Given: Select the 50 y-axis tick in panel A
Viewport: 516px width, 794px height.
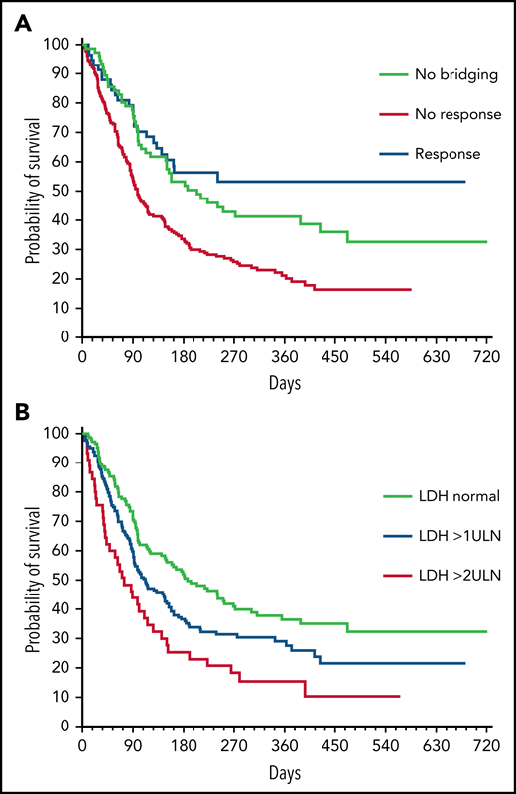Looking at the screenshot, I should click(64, 191).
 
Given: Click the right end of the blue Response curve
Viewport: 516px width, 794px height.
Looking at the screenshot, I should click(465, 182).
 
